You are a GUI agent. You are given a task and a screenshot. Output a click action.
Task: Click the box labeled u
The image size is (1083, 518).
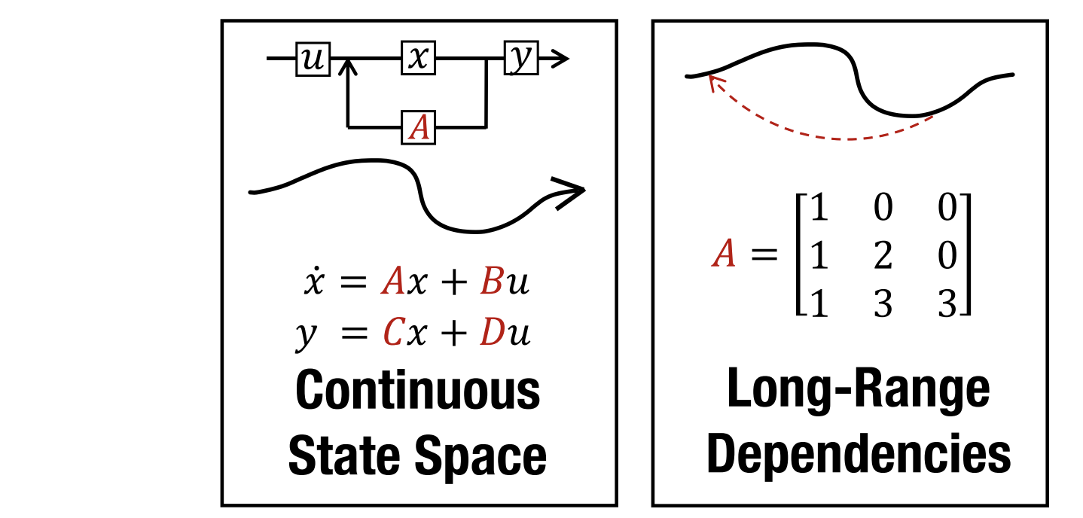click(312, 59)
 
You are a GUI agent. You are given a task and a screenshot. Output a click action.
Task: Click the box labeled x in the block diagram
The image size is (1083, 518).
click(417, 59)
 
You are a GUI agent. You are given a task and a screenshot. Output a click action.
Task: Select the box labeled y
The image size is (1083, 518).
click(520, 59)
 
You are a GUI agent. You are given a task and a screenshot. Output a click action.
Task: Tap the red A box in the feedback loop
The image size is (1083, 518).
click(418, 127)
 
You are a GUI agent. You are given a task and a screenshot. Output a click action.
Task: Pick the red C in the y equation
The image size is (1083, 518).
click(390, 334)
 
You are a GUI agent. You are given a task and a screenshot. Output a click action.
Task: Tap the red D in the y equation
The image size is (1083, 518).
click(491, 334)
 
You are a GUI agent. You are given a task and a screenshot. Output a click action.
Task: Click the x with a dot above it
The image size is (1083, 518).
click(313, 284)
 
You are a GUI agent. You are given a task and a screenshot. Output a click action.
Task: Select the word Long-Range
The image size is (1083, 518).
click(858, 390)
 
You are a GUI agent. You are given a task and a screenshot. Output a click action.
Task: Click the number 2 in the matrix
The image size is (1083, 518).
click(883, 257)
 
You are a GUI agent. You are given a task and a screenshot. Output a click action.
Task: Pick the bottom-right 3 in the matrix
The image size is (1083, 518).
click(947, 305)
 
